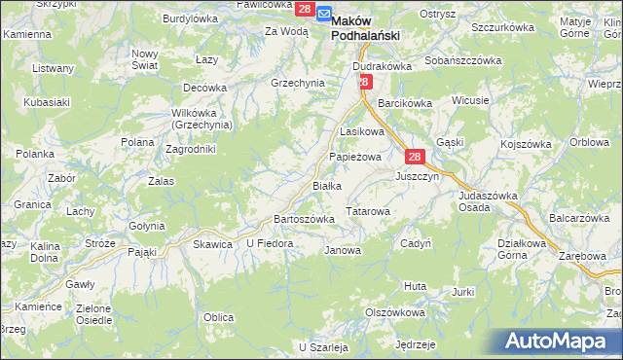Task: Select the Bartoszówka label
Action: [x=305, y=219]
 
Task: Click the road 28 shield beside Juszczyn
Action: [x=414, y=158]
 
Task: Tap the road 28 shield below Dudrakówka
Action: [x=363, y=83]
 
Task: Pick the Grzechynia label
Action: [x=297, y=83]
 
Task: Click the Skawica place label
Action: [x=212, y=244]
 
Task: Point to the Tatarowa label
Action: [x=369, y=210]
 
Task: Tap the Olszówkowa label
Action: [x=394, y=313]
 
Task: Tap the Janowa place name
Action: [x=342, y=250]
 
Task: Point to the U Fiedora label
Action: [x=270, y=243]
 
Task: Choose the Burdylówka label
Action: [x=190, y=18]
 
